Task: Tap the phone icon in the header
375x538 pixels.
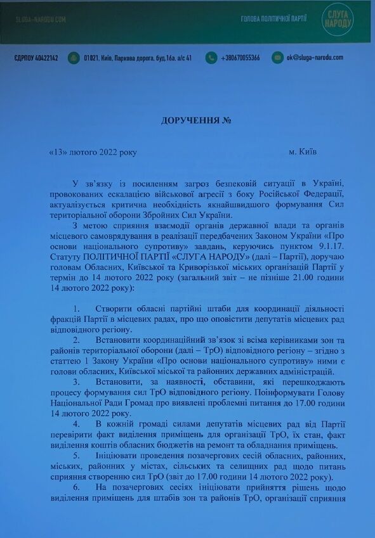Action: coord(210,58)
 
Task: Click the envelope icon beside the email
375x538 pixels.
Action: coord(277,58)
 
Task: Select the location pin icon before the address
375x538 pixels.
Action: coord(74,58)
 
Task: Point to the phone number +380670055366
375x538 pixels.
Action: coord(240,58)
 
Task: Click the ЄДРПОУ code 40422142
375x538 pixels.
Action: coord(36,58)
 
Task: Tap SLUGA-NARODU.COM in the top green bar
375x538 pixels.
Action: coord(41,19)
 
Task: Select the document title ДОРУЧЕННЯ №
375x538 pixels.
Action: coord(187,120)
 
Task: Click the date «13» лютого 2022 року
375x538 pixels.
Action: coord(92,152)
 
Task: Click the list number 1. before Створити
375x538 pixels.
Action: coord(77,309)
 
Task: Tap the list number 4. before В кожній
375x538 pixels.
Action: coord(77,423)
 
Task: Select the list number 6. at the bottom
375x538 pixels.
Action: coord(77,486)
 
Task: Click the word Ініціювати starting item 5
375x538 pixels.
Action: coord(117,454)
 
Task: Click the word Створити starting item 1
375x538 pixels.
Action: coord(115,309)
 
